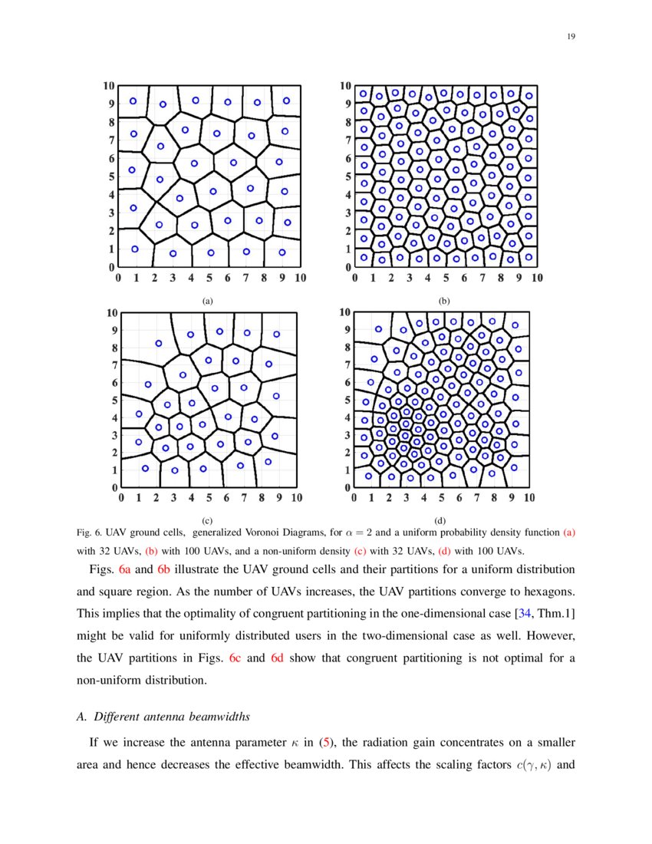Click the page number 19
click(571, 36)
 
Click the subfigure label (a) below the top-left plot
click(206, 302)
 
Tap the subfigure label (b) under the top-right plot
click(444, 302)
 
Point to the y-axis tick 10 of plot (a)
click(110, 86)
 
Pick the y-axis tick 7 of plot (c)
click(113, 365)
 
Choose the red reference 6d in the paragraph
click(278, 659)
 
